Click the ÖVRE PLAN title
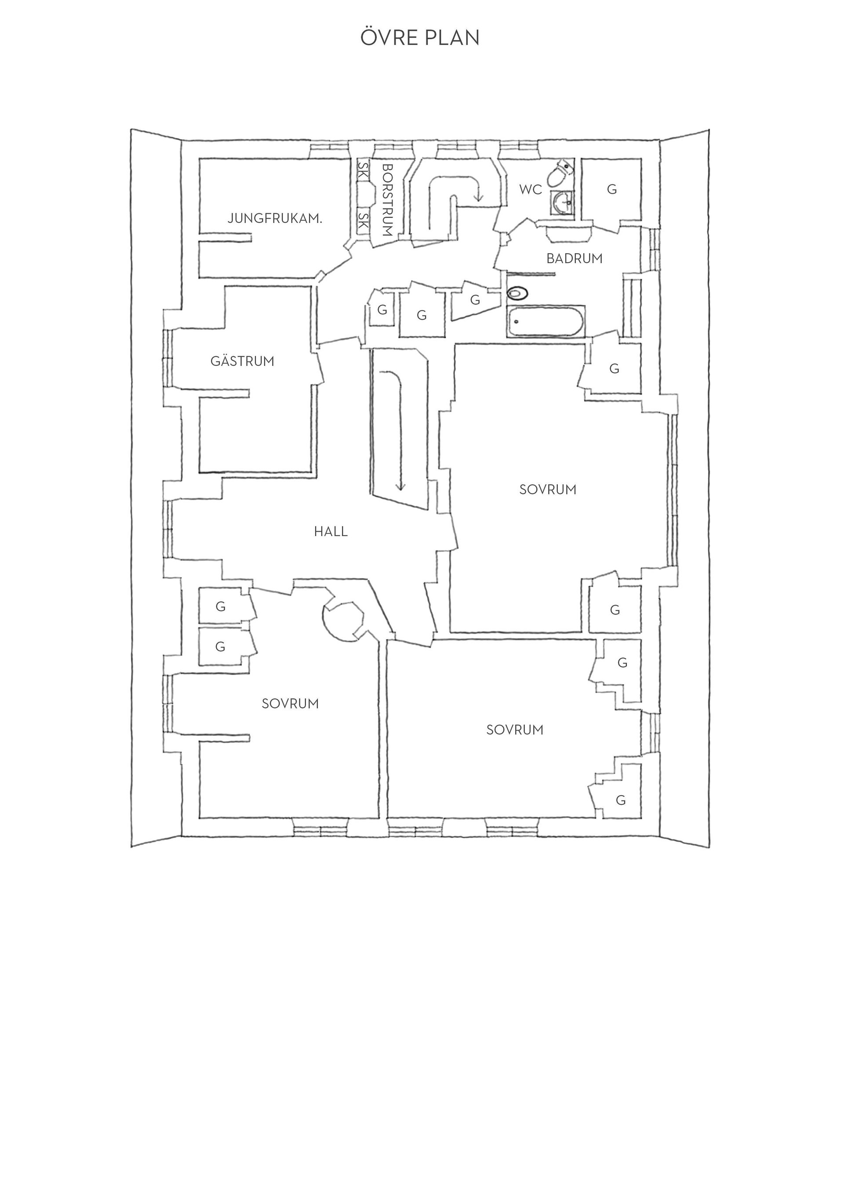pyautogui.click(x=420, y=37)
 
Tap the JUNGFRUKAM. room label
pyautogui.click(x=275, y=219)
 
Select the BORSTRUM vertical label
pyautogui.click(x=387, y=200)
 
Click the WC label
pyautogui.click(x=531, y=190)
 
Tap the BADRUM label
pyautogui.click(x=574, y=259)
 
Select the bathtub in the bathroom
pyautogui.click(x=546, y=321)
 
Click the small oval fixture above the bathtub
pyautogui.click(x=517, y=294)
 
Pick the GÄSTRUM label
pyautogui.click(x=242, y=361)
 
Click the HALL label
pyautogui.click(x=331, y=532)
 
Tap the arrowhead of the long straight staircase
pyautogui.click(x=400, y=487)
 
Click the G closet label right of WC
pyautogui.click(x=612, y=190)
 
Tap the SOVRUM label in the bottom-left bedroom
pyautogui.click(x=290, y=704)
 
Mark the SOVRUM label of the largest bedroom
pyautogui.click(x=548, y=489)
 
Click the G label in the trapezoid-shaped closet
pyautogui.click(x=474, y=300)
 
